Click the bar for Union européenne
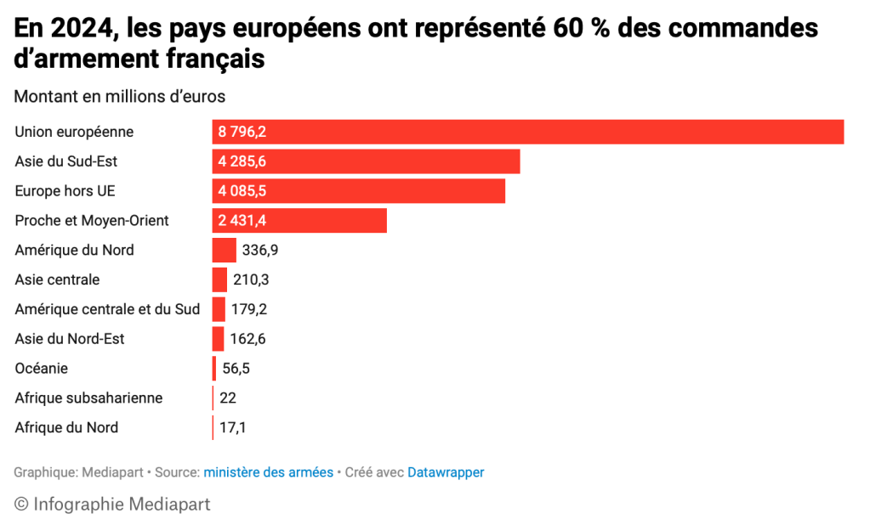tap(527, 132)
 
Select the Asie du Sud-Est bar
tap(366, 161)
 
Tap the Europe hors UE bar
tap(358, 191)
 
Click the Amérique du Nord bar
tap(224, 250)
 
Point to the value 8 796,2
tap(242, 132)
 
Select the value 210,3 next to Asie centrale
tap(251, 279)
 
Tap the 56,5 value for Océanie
tap(236, 369)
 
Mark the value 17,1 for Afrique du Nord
tap(232, 427)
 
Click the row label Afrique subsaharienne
tap(88, 398)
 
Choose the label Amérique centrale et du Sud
tap(107, 309)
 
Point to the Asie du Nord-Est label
tap(70, 339)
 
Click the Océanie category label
tap(42, 369)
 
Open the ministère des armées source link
tap(268, 472)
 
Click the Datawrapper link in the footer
tap(446, 472)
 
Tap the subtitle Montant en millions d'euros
tap(119, 97)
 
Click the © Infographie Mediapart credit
tap(112, 504)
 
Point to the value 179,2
tap(249, 309)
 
